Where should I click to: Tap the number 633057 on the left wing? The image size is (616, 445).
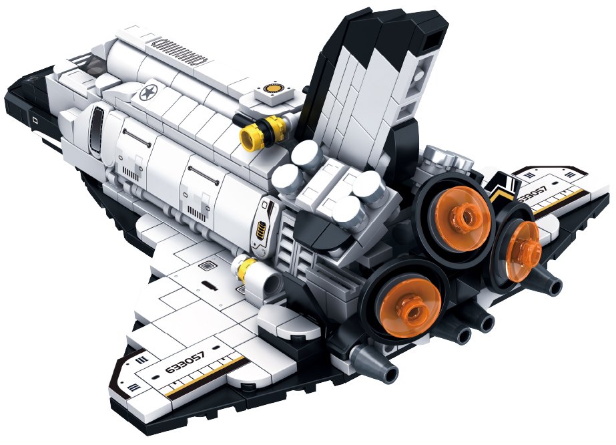point(186,362)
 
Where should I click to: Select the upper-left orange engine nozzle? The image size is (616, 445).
point(464,218)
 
